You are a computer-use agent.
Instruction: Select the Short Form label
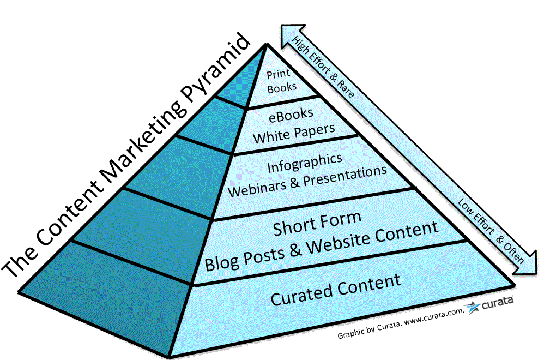point(317,223)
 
